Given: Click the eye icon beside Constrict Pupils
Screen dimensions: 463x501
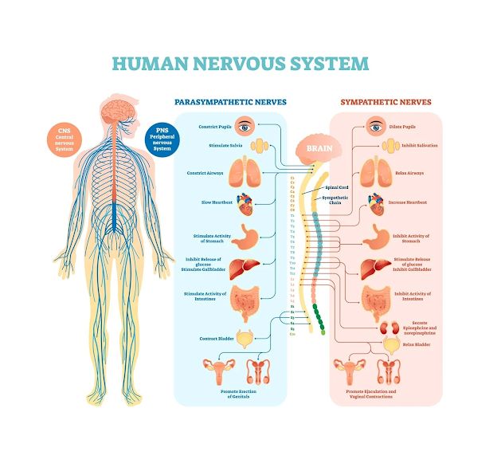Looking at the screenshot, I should [x=246, y=126].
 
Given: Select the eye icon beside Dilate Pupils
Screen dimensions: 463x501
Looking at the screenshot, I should [x=374, y=126].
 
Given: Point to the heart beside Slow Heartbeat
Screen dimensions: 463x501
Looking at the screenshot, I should [x=245, y=202].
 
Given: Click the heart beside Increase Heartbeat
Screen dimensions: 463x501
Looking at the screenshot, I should [x=374, y=203].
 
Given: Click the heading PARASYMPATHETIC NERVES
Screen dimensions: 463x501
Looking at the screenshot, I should [x=230, y=102].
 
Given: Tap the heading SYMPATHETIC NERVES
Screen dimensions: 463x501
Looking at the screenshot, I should [x=386, y=102].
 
